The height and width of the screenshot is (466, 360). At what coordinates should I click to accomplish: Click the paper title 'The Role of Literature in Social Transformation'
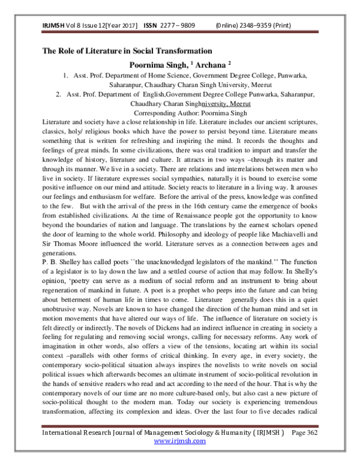tap(127, 50)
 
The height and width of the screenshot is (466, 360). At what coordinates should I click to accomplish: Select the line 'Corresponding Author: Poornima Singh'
tap(179, 112)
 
